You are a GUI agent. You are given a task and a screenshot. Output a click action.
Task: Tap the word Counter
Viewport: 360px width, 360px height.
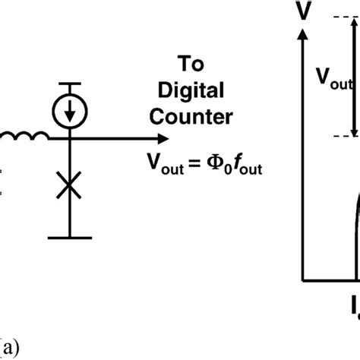point(196,118)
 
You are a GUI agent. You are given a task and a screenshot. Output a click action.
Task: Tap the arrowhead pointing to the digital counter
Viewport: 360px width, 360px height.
point(161,139)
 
